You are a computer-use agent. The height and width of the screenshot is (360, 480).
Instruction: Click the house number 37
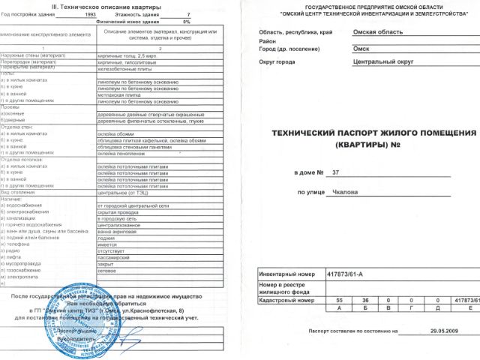(335, 173)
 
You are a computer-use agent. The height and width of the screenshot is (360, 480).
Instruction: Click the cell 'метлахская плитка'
(119, 95)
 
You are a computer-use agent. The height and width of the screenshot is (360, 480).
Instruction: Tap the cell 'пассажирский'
(115, 257)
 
